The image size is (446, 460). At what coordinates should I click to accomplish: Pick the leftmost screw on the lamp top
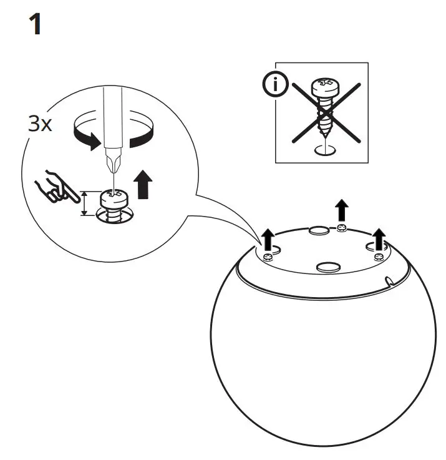click(268, 257)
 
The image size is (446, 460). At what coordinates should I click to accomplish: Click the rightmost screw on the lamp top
click(378, 256)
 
